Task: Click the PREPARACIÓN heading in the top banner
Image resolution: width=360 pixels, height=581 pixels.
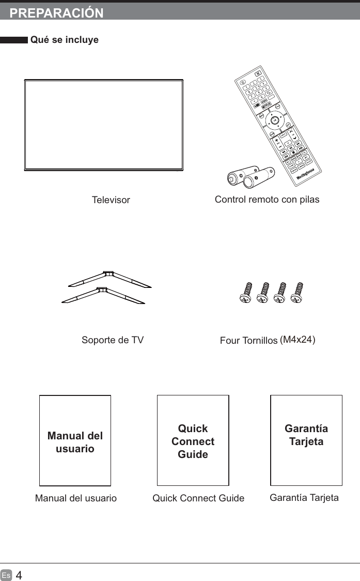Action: (x=56, y=13)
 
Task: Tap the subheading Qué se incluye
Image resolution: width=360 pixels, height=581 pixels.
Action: (x=65, y=40)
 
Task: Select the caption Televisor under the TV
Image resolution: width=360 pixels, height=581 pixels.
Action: (x=111, y=200)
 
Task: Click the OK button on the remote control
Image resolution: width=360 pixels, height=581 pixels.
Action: (x=275, y=120)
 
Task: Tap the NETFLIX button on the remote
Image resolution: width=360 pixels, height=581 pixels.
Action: (x=267, y=103)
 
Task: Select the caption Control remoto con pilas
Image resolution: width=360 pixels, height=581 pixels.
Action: (x=267, y=199)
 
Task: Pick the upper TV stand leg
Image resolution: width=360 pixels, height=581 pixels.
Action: (x=109, y=278)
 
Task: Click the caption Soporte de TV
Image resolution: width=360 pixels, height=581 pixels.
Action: (x=112, y=340)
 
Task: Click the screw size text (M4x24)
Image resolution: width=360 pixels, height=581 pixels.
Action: (x=298, y=340)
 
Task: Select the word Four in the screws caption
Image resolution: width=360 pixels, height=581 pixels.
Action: (x=229, y=341)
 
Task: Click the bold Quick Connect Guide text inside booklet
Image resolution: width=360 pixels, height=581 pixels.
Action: (x=193, y=441)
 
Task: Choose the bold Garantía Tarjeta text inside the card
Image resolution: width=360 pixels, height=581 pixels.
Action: (x=306, y=435)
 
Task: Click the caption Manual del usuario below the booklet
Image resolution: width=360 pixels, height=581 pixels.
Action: (x=75, y=498)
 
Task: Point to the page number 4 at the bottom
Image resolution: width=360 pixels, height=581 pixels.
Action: (x=19, y=575)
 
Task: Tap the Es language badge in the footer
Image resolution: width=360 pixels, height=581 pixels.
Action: (x=6, y=575)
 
